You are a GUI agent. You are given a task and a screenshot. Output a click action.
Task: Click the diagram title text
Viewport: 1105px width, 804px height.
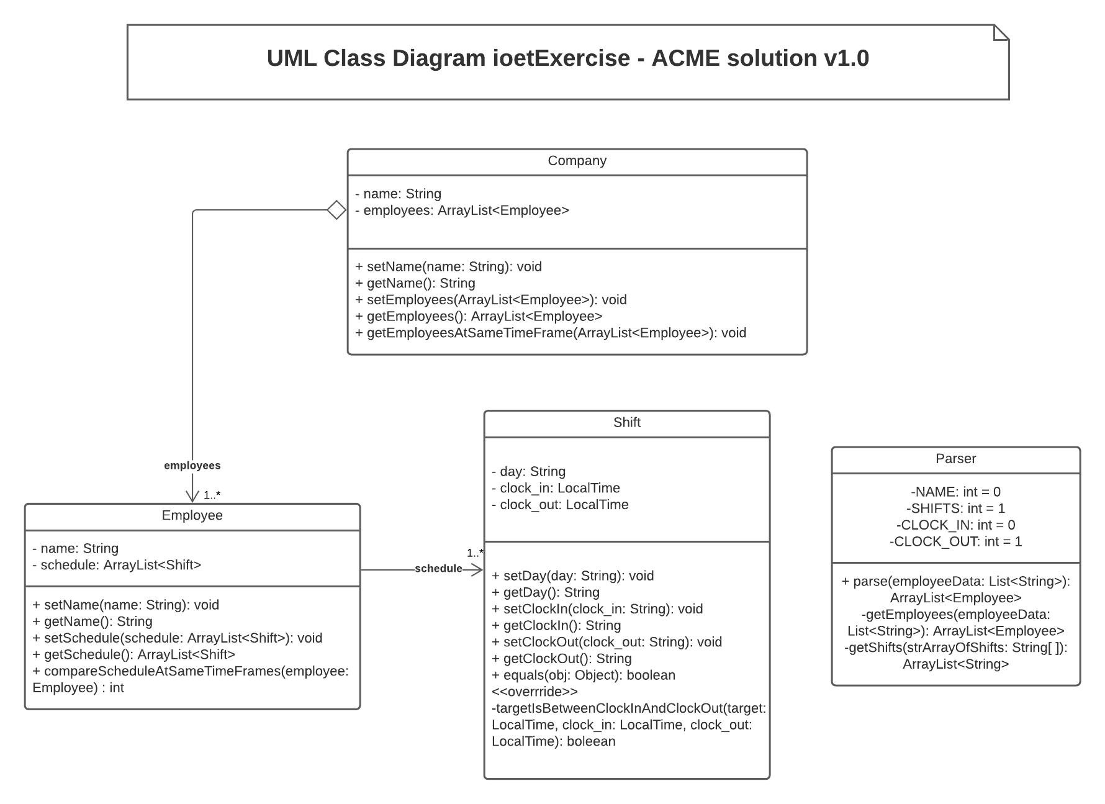coord(567,58)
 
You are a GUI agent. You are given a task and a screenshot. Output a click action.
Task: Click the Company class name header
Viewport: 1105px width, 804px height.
coord(577,161)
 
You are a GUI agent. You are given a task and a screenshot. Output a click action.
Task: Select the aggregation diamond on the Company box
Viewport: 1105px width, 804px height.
coord(336,210)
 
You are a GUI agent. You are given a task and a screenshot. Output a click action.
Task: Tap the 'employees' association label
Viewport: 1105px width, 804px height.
coord(192,466)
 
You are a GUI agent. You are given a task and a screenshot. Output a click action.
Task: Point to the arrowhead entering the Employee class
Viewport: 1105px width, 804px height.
coord(192,496)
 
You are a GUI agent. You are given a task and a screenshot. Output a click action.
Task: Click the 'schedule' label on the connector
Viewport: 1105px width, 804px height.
coord(438,569)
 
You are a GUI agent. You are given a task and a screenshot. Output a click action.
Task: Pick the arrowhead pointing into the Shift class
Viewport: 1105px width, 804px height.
coord(477,569)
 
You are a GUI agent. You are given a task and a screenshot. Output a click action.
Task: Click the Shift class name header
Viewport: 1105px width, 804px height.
coord(626,423)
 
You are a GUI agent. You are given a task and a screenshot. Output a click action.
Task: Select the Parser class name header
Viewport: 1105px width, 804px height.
coord(955,459)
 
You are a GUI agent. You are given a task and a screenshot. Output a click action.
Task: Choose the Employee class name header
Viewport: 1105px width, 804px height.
coord(192,515)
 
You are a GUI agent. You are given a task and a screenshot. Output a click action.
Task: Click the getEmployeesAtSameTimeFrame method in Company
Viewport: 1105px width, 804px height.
coord(550,333)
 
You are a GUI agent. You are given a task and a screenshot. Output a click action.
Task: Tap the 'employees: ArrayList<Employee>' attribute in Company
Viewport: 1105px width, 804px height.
coord(462,210)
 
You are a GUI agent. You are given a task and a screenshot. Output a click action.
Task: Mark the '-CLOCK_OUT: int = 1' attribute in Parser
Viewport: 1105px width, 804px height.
coord(955,541)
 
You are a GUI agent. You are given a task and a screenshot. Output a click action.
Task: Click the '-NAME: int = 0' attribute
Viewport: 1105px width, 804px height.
coord(955,492)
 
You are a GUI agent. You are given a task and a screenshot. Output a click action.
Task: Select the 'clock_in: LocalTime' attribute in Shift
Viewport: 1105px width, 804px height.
coord(556,488)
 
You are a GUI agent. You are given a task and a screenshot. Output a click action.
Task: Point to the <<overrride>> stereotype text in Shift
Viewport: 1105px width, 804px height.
coord(534,692)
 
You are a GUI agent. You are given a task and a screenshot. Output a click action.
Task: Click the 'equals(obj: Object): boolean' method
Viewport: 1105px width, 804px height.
coord(583,675)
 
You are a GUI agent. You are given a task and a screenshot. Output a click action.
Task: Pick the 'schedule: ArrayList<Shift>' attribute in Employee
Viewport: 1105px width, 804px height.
coord(117,565)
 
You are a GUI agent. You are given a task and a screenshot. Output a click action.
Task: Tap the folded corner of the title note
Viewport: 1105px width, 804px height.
coord(1001,33)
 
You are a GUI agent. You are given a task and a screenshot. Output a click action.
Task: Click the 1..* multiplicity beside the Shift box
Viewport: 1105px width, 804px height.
coord(475,553)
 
